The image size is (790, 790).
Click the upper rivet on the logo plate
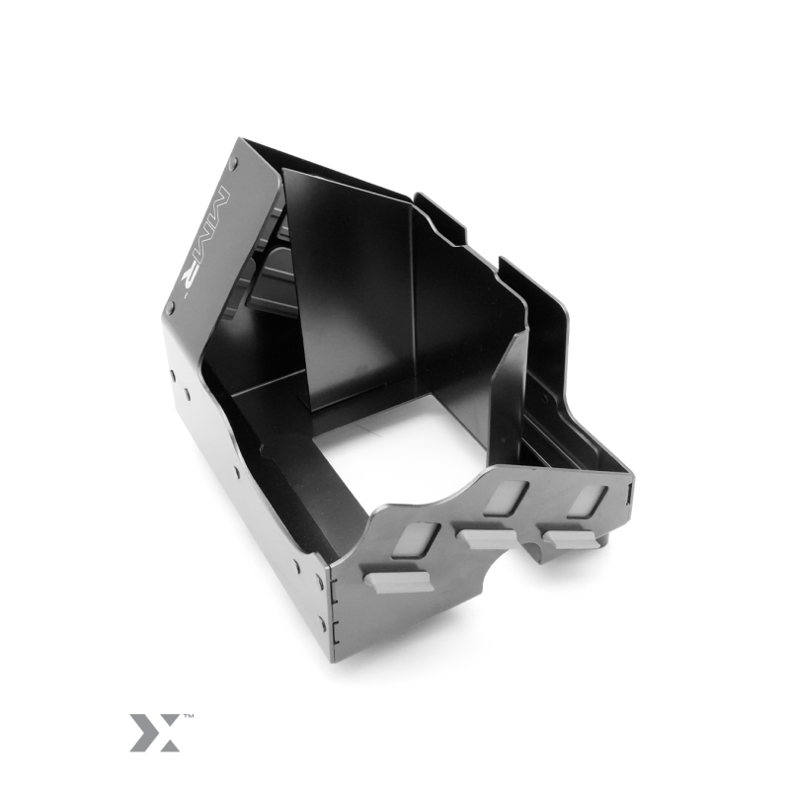233,162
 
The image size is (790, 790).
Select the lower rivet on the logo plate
170,306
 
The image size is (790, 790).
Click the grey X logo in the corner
155,732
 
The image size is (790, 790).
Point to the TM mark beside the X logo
189,715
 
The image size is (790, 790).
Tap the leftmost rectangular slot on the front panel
417,539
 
